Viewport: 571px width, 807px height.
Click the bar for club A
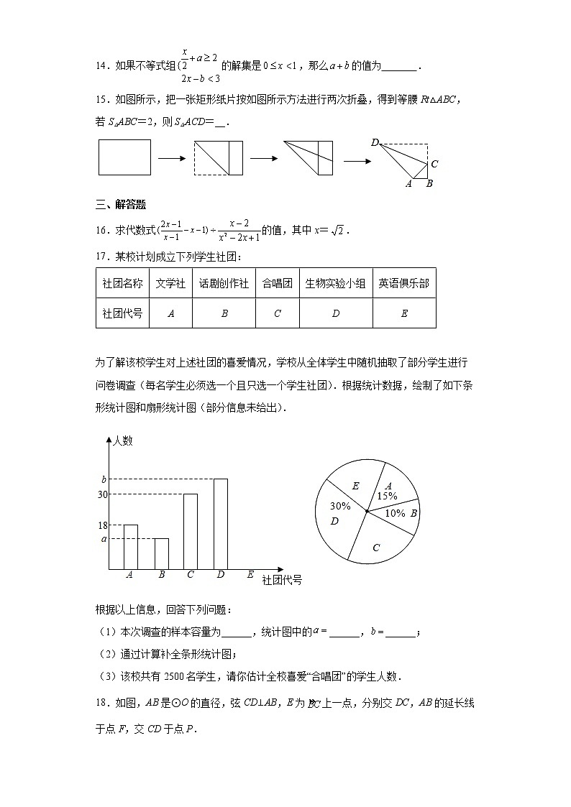coord(130,547)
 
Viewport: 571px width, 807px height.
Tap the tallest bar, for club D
coord(220,524)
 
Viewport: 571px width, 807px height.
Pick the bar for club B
coord(161,553)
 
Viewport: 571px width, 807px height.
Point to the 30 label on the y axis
coord(101,494)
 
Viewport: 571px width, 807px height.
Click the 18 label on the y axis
coord(101,525)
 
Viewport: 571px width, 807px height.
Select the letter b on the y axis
coord(104,479)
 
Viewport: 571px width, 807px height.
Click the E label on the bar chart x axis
coord(250,574)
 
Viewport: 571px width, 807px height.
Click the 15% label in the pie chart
coord(387,496)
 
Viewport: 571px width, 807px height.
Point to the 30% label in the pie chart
coord(339,506)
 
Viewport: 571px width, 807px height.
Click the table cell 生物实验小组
coord(336,283)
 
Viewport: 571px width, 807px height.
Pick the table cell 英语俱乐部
coord(403,283)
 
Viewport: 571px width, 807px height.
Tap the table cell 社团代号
coord(122,313)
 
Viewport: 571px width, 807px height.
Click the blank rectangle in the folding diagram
coord(124,157)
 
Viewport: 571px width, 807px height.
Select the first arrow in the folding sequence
coord(172,157)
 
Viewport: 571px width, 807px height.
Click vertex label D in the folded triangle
coord(375,142)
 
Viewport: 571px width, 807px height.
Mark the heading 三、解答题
coord(121,205)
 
